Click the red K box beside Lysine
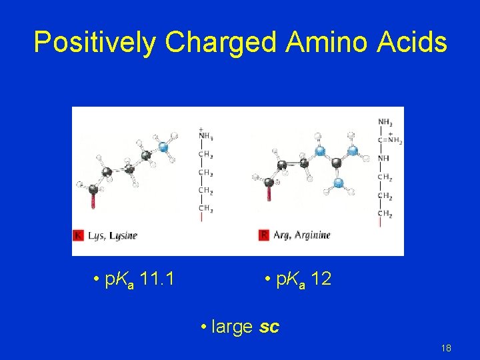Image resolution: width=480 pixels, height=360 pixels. pyautogui.click(x=78, y=235)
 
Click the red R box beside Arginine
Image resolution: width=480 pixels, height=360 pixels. pyautogui.click(x=264, y=235)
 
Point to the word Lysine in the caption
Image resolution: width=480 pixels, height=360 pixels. pyautogui.click(x=123, y=235)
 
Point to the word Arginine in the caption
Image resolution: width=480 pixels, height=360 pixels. pyautogui.click(x=311, y=235)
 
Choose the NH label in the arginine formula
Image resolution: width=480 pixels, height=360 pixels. pyautogui.click(x=385, y=158)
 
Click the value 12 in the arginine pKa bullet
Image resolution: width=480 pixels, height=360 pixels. pyautogui.click(x=321, y=279)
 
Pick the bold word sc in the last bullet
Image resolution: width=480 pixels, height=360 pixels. pyautogui.click(x=269, y=327)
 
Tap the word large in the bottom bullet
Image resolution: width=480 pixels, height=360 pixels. pyautogui.click(x=231, y=327)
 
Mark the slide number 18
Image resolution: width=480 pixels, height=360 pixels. pyautogui.click(x=446, y=349)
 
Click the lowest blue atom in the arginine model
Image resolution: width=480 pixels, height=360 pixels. pyautogui.click(x=338, y=181)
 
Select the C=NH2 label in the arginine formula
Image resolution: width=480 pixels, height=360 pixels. pyautogui.click(x=390, y=140)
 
